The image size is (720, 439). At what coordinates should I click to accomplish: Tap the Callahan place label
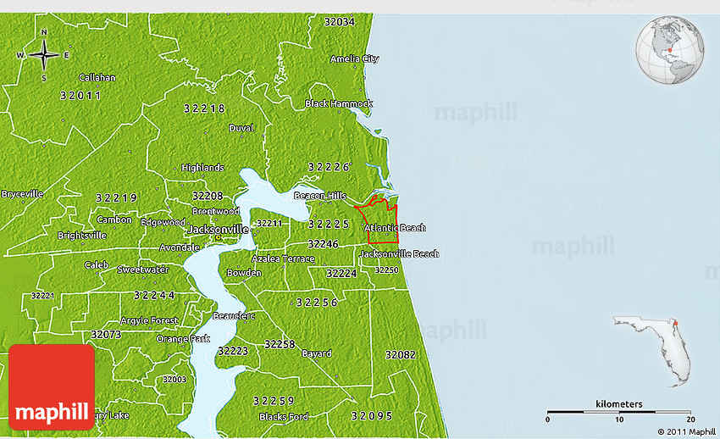coord(97,77)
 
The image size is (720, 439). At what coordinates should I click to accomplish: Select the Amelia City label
coord(354,59)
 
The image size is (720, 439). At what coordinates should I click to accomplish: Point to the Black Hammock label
coord(338,103)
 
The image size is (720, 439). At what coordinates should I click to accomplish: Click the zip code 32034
coord(339,22)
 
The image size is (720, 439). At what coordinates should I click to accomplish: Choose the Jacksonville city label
coord(217,230)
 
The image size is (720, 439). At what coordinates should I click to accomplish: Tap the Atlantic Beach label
coord(395,228)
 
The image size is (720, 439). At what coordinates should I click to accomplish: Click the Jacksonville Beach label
coord(399,253)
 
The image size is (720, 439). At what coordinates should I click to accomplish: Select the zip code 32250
coord(386,270)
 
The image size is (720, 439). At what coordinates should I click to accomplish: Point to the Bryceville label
coord(22,193)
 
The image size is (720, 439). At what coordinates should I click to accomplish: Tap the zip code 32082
coord(400,354)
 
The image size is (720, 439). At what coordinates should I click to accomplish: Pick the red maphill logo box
coord(52,386)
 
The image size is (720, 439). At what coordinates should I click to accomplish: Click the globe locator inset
coord(670,50)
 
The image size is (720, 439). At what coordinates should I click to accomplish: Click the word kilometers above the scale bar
coord(618,403)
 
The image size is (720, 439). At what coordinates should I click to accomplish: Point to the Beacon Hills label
coord(320,196)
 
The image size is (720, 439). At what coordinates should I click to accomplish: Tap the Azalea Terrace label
coord(283,258)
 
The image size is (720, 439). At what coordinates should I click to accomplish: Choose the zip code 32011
coord(80,96)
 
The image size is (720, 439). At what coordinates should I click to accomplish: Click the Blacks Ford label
coord(284,416)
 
